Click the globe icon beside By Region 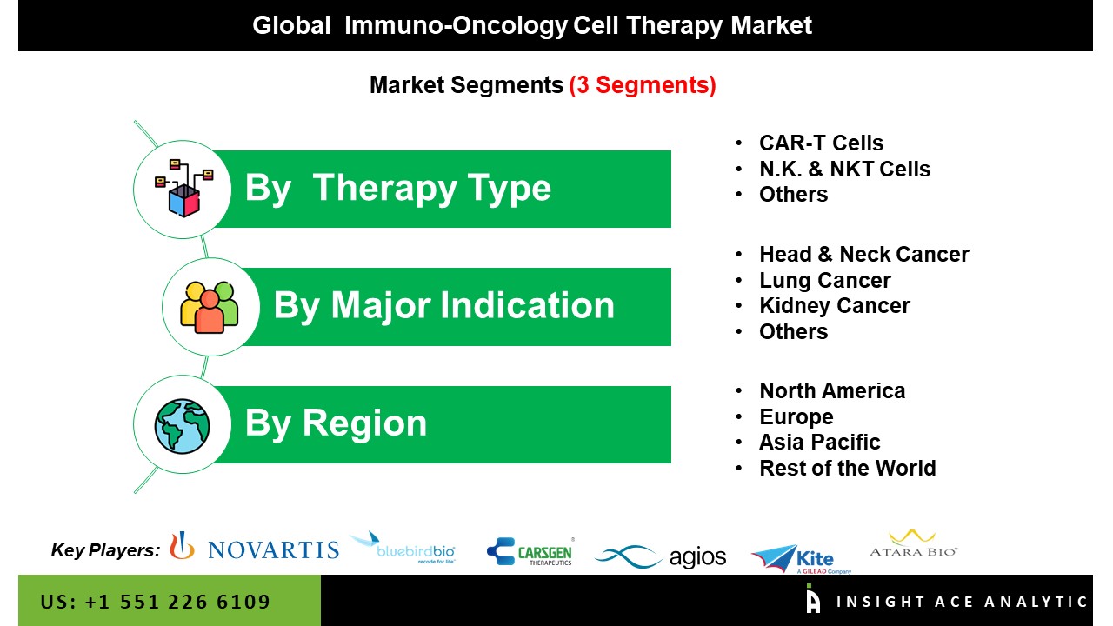pos(182,426)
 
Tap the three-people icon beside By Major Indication pos(210,307)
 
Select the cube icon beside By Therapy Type pos(183,189)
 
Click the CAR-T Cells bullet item pos(822,143)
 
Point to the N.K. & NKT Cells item pos(844,169)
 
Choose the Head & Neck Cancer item pos(864,255)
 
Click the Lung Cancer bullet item pos(825,281)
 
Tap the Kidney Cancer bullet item pos(835,305)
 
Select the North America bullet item pos(832,391)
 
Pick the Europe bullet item pos(796,416)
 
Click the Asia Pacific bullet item pos(819,443)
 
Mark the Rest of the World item pos(847,468)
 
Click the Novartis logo pos(255,547)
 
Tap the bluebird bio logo pos(403,548)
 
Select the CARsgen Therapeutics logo pos(530,551)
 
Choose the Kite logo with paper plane pos(801,559)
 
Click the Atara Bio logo pos(913,544)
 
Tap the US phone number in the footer pos(155,602)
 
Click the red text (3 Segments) pos(643,85)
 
